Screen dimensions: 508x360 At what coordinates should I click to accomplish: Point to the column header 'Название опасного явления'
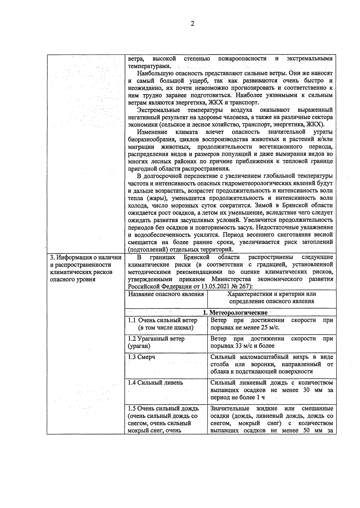coord(166,294)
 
